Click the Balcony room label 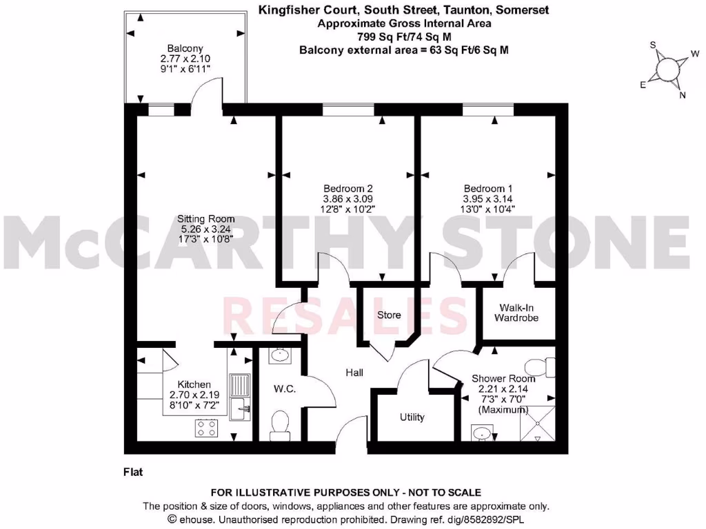tap(185, 48)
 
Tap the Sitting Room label tap(205, 219)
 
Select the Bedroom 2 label tap(348, 189)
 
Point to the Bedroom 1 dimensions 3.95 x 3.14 tap(488, 199)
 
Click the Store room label tap(389, 315)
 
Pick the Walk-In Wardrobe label tap(516, 313)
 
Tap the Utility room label tap(412, 417)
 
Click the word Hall tap(354, 373)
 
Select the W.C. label tap(285, 388)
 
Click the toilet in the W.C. tap(280, 426)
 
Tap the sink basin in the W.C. tap(280, 355)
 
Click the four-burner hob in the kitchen tap(207, 428)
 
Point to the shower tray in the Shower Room tap(538, 424)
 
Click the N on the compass tap(683, 95)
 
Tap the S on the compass tap(653, 45)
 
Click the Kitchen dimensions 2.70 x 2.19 tap(194, 395)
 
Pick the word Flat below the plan tap(133, 472)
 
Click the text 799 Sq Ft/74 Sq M tap(404, 37)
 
